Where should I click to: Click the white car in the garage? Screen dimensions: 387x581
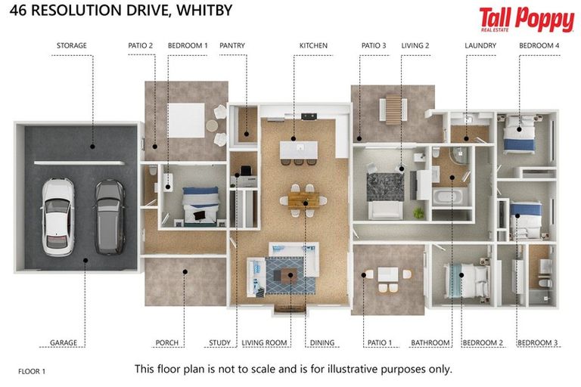click(57, 215)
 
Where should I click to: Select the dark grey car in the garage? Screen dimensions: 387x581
click(110, 215)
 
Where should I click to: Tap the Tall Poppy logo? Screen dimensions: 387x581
click(526, 20)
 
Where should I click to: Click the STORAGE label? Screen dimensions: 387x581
click(72, 45)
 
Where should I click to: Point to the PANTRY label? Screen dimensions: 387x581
click(232, 45)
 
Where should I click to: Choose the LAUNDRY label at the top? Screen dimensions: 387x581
click(480, 45)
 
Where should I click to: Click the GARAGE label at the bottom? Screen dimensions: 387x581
click(64, 342)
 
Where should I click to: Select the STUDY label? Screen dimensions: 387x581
click(219, 342)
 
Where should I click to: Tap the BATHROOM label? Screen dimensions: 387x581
click(430, 342)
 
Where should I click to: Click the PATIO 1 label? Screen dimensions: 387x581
click(380, 342)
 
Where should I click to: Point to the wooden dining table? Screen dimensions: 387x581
click(303, 200)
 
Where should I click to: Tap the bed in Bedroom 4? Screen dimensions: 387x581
click(520, 134)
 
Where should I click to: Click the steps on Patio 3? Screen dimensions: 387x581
click(393, 110)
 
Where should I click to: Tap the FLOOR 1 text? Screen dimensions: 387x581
click(32, 371)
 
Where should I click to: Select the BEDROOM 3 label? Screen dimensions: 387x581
click(537, 342)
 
